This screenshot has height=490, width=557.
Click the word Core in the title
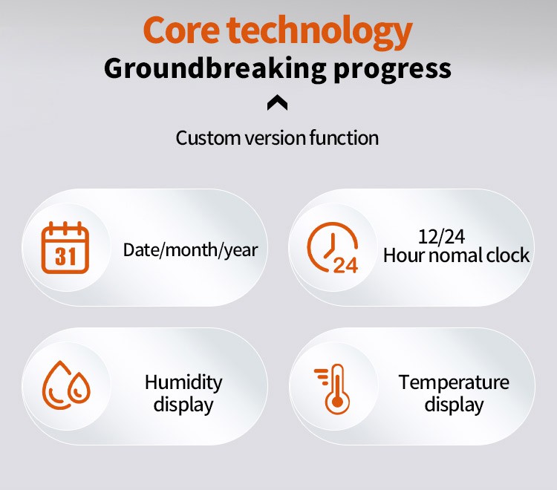[181, 30]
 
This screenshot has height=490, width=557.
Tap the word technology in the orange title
[319, 33]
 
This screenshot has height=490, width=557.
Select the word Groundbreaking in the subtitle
[215, 69]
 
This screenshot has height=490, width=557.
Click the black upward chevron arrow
[278, 102]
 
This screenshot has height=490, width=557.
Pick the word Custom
[208, 138]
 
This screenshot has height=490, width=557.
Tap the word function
[344, 138]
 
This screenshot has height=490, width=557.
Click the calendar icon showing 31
[65, 248]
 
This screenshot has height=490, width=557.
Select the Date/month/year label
[190, 250]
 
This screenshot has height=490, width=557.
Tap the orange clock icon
[333, 248]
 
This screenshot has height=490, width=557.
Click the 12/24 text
[441, 237]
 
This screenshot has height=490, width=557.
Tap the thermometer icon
[333, 389]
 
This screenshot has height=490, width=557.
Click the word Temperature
[454, 383]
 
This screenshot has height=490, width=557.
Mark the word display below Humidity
[183, 405]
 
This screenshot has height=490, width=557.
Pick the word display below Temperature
[454, 405]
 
